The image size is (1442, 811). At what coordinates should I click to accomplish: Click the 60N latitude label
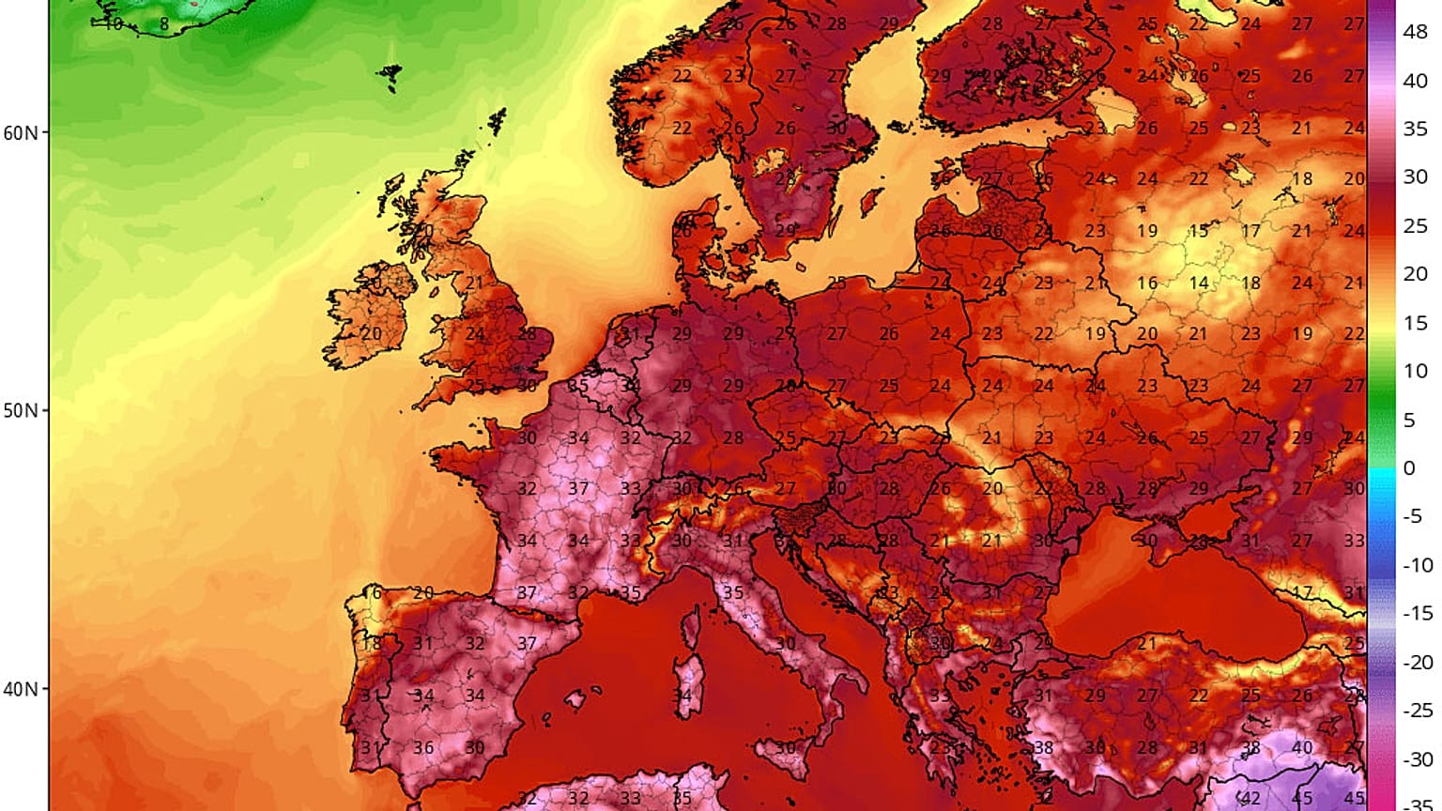(21, 132)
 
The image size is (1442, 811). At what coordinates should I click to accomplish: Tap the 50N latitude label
(21, 411)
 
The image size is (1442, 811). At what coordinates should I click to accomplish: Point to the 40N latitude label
(21, 689)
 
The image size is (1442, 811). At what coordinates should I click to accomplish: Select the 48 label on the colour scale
(1415, 32)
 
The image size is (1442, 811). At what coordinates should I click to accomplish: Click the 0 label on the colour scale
(1408, 467)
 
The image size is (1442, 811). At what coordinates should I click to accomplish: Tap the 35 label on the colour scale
(1415, 129)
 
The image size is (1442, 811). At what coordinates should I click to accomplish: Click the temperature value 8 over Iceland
(163, 24)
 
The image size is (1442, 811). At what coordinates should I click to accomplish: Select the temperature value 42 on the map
(1250, 799)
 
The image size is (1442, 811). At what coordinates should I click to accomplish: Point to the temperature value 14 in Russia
(1199, 283)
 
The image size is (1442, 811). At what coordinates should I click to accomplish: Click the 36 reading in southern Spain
(423, 748)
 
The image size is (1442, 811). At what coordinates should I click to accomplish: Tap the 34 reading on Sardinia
(683, 696)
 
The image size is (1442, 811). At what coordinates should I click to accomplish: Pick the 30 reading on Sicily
(785, 748)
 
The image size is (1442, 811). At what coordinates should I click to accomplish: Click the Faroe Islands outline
(390, 73)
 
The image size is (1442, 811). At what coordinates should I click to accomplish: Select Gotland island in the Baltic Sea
(872, 201)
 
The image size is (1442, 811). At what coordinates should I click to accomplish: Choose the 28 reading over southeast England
(527, 333)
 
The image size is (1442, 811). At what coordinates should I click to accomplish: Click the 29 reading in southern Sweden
(785, 230)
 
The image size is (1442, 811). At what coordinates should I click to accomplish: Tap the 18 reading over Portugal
(373, 644)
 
